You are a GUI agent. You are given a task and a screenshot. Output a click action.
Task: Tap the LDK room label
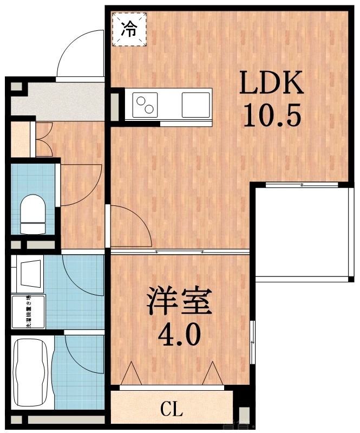pyautogui.click(x=271, y=86)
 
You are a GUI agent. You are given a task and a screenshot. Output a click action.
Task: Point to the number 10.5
pyautogui.click(x=271, y=115)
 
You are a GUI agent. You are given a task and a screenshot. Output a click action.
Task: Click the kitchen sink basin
pyautogui.click(x=195, y=104)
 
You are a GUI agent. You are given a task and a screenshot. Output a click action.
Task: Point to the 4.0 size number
pyautogui.click(x=179, y=335)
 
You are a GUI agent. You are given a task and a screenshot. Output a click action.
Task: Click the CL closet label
pyautogui.click(x=172, y=409)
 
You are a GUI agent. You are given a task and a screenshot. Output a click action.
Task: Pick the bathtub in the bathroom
pyautogui.click(x=31, y=373)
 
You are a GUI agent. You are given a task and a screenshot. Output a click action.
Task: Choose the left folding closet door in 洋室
pyautogui.click(x=130, y=374)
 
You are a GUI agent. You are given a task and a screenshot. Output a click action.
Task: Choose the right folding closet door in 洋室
pyautogui.click(x=213, y=373)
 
